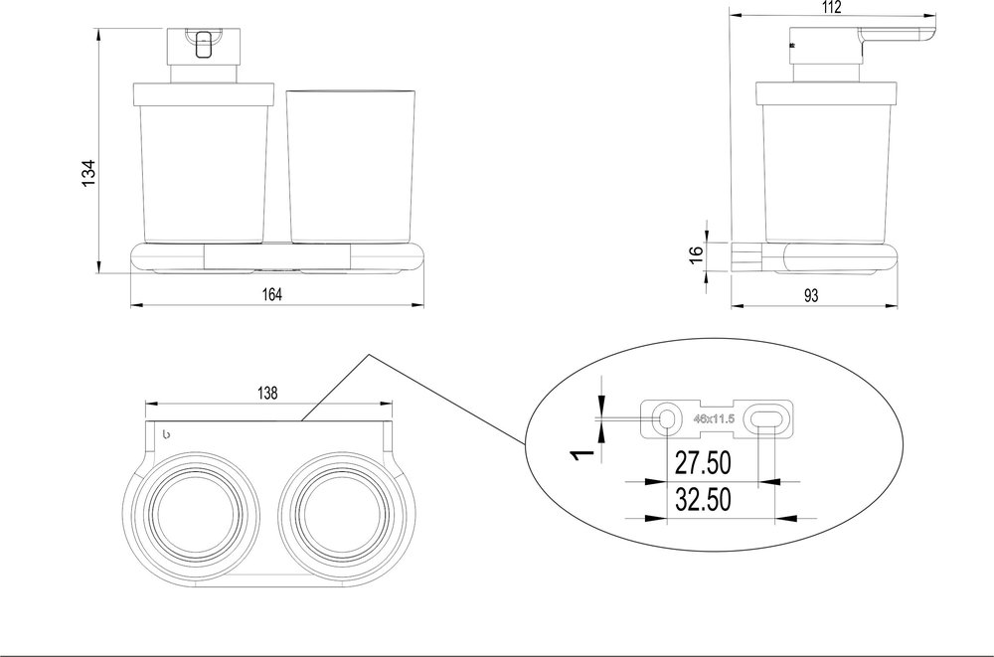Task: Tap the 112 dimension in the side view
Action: (832, 8)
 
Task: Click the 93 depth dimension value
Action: (811, 294)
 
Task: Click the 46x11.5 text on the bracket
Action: (714, 419)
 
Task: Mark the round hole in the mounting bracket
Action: (666, 419)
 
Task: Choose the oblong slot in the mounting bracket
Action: (768, 419)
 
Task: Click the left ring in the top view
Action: (195, 513)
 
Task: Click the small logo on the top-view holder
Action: (165, 433)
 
